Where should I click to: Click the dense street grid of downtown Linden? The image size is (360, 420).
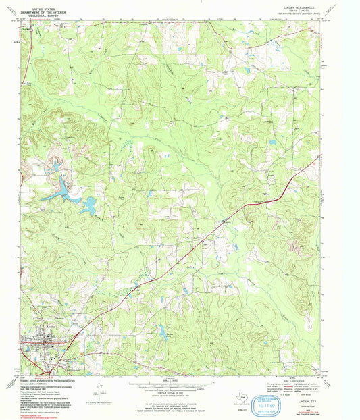[x=46, y=343]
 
